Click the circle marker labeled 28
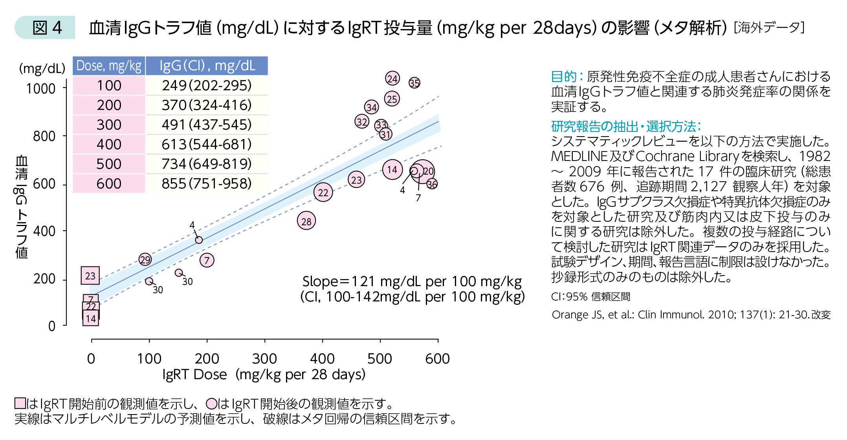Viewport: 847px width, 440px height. tap(306, 221)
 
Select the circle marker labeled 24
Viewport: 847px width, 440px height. tap(392, 79)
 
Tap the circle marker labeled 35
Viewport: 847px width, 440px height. tap(414, 83)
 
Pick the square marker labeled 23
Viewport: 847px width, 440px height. tap(90, 276)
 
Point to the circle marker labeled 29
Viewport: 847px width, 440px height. tap(145, 259)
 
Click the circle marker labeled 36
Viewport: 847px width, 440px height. tap(432, 184)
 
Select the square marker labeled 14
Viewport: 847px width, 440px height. tap(91, 318)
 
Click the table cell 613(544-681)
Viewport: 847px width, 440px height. tap(207, 144)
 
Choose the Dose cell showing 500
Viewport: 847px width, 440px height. tap(109, 164)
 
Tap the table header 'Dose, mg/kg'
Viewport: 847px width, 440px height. tap(109, 66)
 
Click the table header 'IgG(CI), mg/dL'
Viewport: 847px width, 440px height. tap(207, 66)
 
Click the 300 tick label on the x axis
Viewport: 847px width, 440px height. tap(264, 358)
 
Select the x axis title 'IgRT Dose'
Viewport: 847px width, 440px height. tap(194, 374)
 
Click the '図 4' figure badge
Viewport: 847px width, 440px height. tap(47, 27)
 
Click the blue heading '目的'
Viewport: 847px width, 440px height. tap(563, 76)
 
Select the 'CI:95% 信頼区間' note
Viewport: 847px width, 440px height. tap(590, 296)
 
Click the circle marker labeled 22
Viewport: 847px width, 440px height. tap(323, 192)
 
